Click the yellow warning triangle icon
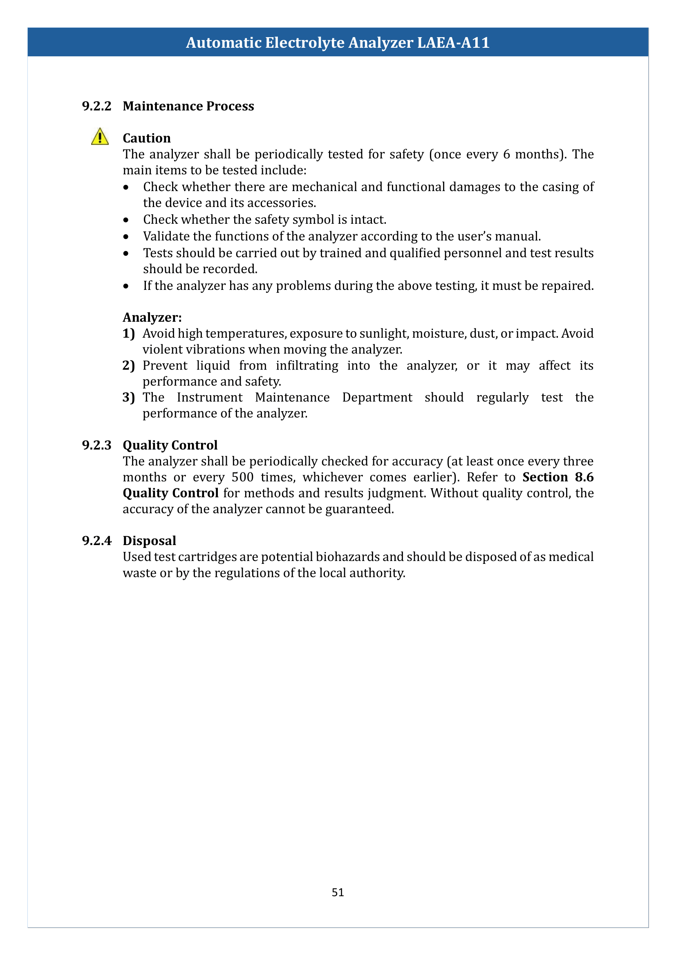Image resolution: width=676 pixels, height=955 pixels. [x=100, y=137]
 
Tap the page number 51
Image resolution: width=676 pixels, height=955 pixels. [x=338, y=892]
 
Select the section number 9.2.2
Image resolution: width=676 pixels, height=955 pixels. [x=96, y=106]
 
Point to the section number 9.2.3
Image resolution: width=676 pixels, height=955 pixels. [x=96, y=445]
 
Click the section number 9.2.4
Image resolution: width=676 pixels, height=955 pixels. [x=96, y=540]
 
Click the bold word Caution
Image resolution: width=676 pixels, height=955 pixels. [x=147, y=138]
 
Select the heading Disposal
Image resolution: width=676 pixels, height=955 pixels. [x=149, y=540]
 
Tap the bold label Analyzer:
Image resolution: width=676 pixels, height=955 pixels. [x=152, y=317]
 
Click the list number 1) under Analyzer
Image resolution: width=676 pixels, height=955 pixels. [x=129, y=334]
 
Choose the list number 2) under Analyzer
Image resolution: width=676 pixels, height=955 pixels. [x=129, y=365]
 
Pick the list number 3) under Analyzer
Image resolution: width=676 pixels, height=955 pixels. [x=129, y=398]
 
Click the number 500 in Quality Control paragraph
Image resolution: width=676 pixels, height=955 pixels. [x=242, y=477]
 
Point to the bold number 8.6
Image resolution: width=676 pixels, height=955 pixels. [x=584, y=477]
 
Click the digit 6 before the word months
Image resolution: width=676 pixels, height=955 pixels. [x=506, y=154]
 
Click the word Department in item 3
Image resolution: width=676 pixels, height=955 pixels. [x=377, y=398]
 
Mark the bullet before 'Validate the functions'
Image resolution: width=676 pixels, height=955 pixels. [x=126, y=237]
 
